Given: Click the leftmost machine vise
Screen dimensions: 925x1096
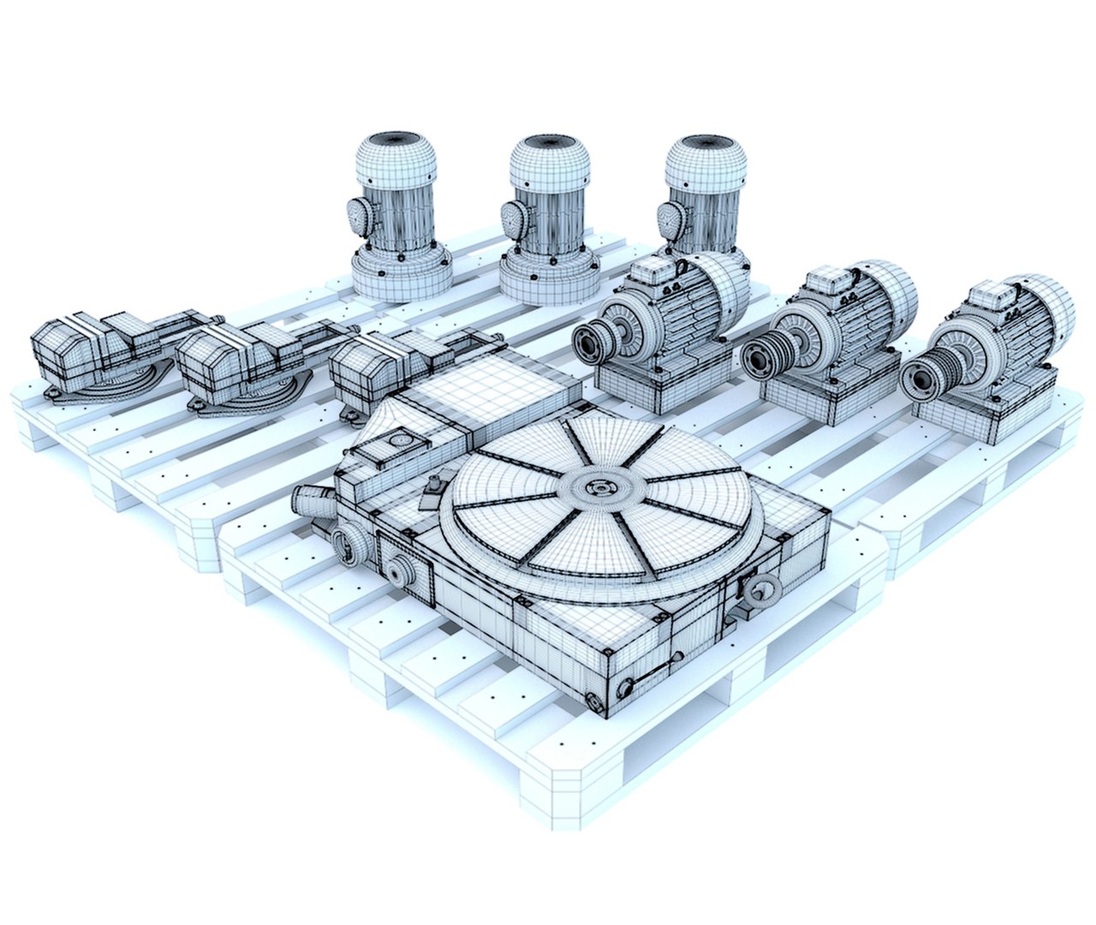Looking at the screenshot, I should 86,351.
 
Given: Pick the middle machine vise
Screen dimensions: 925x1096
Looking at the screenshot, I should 231,360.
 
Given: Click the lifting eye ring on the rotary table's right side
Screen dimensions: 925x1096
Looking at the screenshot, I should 758,590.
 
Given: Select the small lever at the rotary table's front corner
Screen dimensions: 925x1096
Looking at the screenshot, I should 629,685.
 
